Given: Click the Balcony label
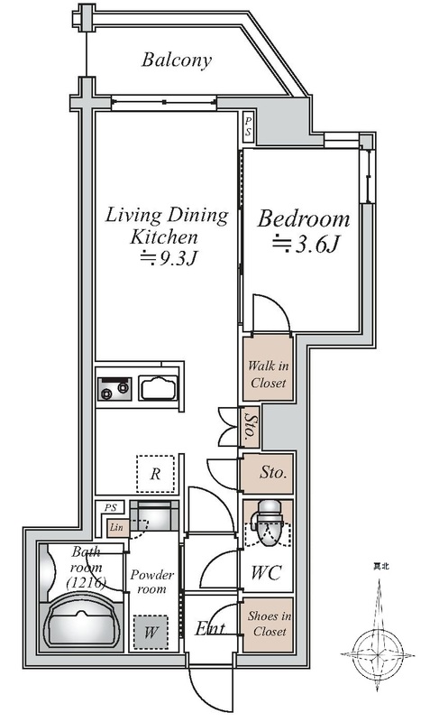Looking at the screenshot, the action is (177, 60).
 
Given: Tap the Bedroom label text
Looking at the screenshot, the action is (304, 219).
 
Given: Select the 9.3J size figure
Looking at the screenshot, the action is (169, 259).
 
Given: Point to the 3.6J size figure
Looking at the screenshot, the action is (306, 244).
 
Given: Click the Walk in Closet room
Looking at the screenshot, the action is (269, 368).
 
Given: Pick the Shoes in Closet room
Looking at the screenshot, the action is (268, 625).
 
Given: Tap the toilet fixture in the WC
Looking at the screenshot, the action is (269, 523).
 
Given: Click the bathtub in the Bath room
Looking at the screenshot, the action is (82, 620).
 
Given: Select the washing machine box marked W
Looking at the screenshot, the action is (151, 633).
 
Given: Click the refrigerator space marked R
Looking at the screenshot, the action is (155, 474).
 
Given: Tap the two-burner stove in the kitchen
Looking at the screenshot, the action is (114, 389).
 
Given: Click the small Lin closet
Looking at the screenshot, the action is (117, 527).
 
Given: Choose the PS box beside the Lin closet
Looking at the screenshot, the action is (110, 508).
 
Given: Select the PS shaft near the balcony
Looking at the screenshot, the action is (248, 127).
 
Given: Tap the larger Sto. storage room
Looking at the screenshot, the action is (268, 473).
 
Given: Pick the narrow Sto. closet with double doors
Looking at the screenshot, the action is (250, 427).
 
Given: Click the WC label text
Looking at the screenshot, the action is (266, 573).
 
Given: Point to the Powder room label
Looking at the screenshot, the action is (151, 581).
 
